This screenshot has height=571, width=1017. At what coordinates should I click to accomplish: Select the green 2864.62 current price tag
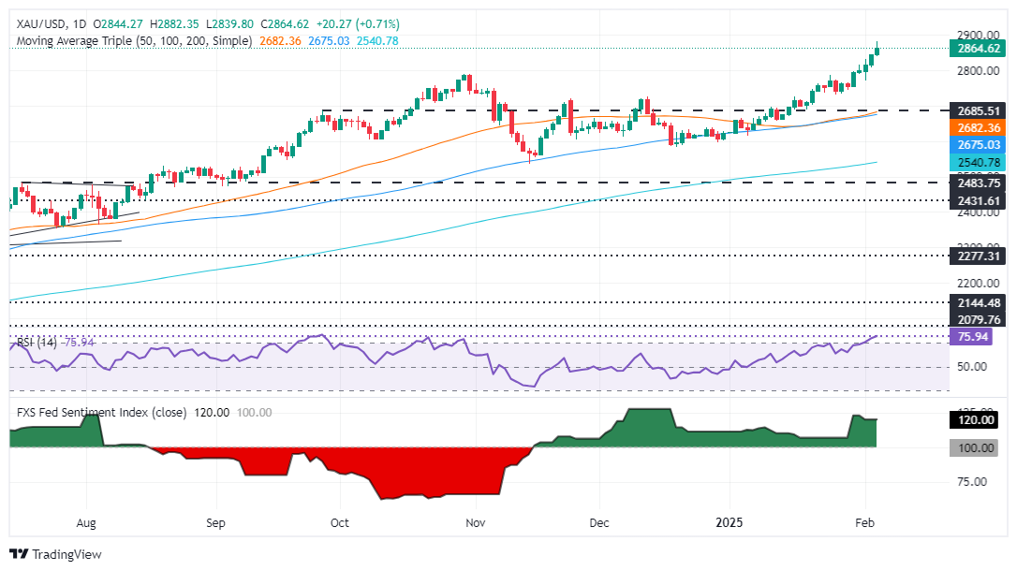tap(978, 49)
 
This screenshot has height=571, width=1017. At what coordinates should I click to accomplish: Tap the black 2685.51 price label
tap(978, 110)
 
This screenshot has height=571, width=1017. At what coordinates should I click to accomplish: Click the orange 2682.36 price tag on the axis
tap(978, 127)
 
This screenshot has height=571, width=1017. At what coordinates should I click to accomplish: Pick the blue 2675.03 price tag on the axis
tap(978, 145)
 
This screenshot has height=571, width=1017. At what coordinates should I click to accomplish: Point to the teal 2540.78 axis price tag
tap(978, 163)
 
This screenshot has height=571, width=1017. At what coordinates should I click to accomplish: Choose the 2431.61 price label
tap(978, 200)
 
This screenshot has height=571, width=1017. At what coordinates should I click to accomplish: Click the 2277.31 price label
tap(978, 255)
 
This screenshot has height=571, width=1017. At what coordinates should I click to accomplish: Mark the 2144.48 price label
tap(978, 302)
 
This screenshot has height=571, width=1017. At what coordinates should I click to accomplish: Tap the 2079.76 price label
tap(978, 319)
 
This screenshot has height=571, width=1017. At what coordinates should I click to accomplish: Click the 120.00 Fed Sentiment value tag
tap(978, 419)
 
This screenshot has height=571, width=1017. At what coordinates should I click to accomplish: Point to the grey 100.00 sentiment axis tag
tap(978, 448)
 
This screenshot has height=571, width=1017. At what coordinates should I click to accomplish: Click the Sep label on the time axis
tap(216, 523)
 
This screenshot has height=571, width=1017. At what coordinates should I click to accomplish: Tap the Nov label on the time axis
tap(477, 523)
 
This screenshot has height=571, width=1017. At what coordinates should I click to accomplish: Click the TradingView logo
tap(56, 554)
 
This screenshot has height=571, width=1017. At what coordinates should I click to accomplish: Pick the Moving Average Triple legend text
tap(135, 41)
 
